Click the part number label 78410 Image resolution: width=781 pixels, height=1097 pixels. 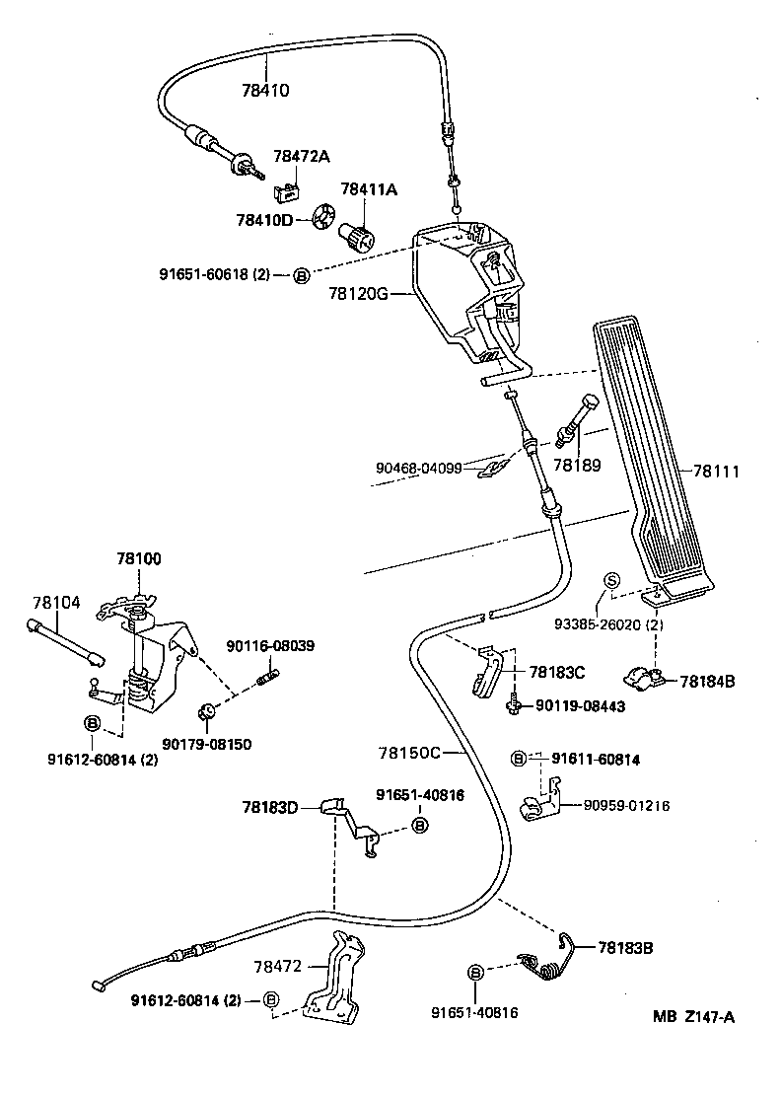265,91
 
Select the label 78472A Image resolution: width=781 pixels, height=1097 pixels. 301,156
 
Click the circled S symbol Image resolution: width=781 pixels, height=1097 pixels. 611,580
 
